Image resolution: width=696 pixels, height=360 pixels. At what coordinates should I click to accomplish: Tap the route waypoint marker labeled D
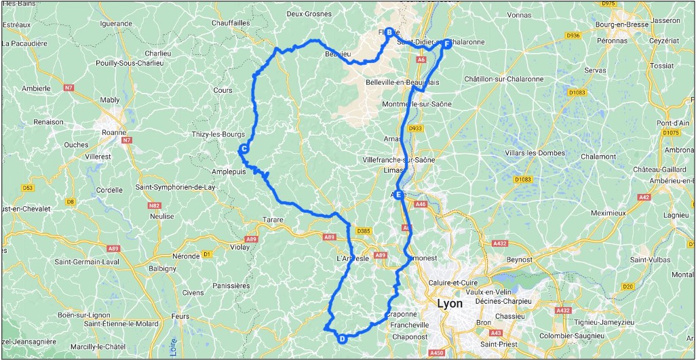(x=342, y=339)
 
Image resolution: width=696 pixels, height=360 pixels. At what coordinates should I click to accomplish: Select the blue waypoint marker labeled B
(x=389, y=32)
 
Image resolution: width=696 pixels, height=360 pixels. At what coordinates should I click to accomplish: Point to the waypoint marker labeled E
(x=400, y=195)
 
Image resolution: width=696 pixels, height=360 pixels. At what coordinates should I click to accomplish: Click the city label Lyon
(x=450, y=303)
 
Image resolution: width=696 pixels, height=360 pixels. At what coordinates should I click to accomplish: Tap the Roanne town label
(x=113, y=133)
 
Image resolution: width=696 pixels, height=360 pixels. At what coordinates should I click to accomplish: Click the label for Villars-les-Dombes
(x=535, y=153)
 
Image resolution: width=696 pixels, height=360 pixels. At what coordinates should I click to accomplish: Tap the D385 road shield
(x=364, y=231)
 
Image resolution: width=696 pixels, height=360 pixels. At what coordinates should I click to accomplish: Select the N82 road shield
(x=155, y=205)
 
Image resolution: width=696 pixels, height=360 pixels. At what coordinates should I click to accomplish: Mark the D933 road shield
(x=416, y=127)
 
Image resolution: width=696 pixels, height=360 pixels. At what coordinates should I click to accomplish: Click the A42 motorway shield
(x=644, y=197)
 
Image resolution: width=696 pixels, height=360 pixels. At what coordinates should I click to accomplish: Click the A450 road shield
(x=437, y=353)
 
